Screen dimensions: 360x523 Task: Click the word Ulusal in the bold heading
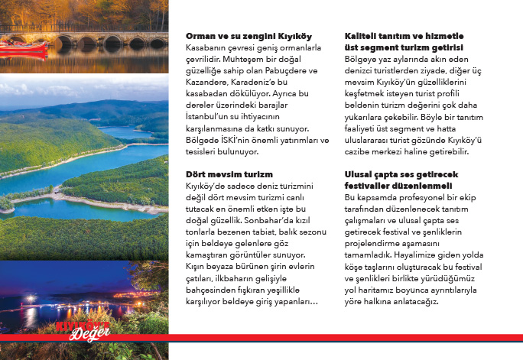(x=360, y=174)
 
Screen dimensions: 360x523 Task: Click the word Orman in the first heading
(x=201, y=36)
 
